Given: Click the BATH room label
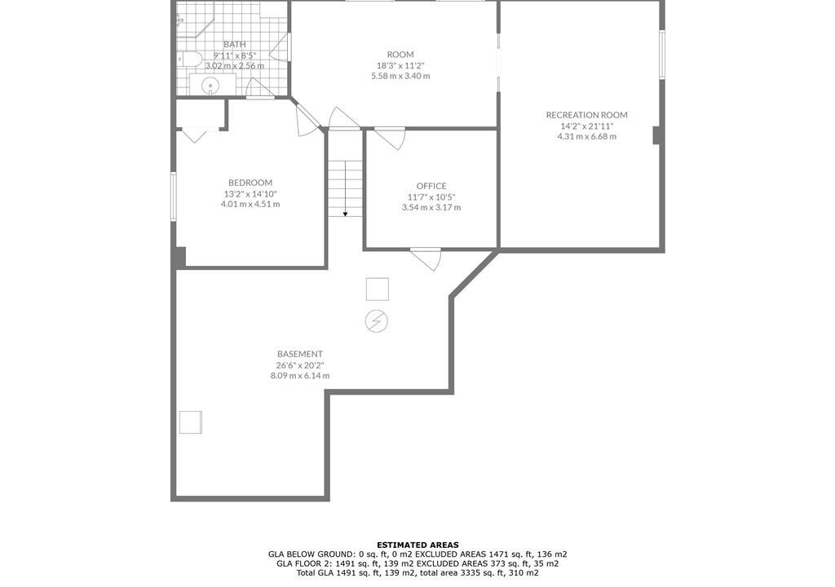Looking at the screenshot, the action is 234,44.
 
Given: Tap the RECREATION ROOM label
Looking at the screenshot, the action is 586,115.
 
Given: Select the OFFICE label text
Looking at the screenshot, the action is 431,186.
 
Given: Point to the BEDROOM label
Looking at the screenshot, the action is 250,183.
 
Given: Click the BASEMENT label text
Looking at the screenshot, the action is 300,354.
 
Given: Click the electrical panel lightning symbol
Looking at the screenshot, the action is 377,321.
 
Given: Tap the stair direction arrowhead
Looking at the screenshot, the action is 346,214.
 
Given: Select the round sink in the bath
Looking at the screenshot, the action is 211,86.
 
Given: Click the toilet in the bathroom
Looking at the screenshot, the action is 189,59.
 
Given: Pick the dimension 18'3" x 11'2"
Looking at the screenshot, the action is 400,65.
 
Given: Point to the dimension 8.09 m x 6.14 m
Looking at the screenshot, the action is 300,376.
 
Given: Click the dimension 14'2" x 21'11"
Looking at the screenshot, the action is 587,126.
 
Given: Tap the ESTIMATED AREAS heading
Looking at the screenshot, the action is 417,545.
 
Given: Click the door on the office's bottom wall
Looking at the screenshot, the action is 426,259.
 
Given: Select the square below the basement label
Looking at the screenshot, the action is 191,421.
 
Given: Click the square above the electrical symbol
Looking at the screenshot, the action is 378,289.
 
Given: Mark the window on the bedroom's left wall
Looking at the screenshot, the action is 173,196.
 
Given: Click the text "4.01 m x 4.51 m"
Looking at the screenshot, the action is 250,204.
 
